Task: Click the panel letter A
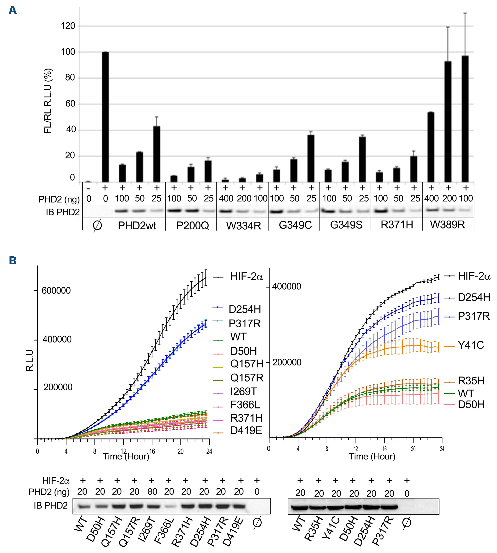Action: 13,10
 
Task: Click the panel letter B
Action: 13,260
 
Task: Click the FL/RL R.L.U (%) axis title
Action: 48,101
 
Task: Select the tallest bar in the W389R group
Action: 465,119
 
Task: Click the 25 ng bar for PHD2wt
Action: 157,154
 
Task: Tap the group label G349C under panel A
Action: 295,225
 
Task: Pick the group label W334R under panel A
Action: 243,226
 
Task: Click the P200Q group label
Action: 192,226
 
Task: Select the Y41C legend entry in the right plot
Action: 470,345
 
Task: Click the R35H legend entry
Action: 471,381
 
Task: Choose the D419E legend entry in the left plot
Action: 246,431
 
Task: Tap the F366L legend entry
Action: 245,405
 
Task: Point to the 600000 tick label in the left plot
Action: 56,290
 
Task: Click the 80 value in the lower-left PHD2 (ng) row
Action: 152,492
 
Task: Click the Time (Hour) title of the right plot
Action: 372,456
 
